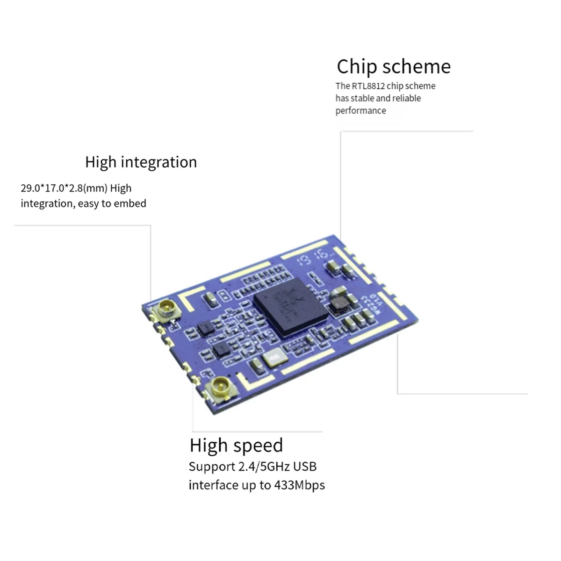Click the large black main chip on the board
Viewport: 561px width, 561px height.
tap(290, 307)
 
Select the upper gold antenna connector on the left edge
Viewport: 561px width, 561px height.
tap(167, 309)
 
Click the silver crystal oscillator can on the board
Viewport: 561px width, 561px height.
tap(275, 359)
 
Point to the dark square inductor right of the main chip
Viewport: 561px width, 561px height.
tap(339, 305)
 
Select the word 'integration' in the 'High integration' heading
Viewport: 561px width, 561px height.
tap(158, 162)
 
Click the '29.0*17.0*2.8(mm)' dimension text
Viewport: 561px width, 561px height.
tap(64, 188)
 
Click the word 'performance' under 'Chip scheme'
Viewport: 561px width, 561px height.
tap(360, 111)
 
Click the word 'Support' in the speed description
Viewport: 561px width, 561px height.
tap(212, 467)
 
